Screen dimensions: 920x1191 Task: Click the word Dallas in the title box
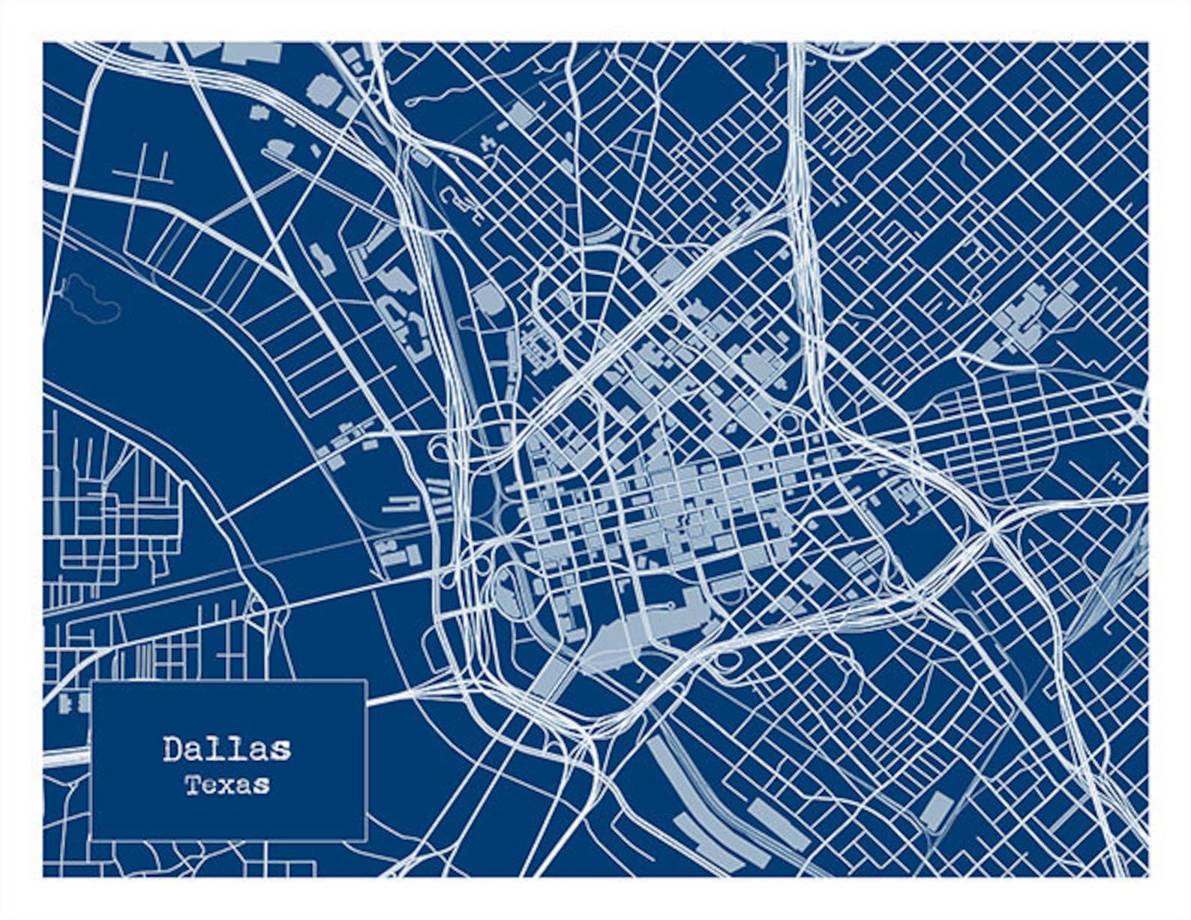pos(226,749)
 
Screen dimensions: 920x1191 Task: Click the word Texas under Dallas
pos(226,785)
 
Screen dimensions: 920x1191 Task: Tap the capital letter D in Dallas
pos(172,749)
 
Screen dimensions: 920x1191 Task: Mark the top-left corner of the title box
pos(91,681)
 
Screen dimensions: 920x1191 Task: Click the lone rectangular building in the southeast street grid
pos(936,811)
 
